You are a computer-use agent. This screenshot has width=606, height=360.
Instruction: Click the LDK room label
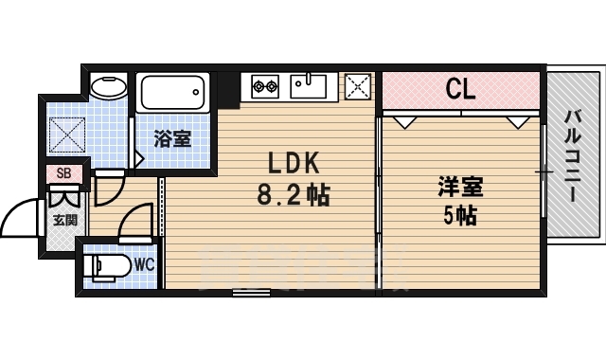pos(278,161)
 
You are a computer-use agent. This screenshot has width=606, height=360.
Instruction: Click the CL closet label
pos(460,92)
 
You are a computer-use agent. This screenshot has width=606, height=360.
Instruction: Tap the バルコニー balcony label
pos(573,156)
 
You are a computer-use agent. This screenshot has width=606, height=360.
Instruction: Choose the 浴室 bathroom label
pos(172,139)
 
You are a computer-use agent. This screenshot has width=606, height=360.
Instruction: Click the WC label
pos(145,262)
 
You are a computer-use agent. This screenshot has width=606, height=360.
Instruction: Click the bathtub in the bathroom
pos(172,94)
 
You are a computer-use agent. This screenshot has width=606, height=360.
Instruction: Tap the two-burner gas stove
pos(264,88)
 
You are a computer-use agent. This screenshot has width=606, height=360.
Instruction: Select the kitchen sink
pos(308,87)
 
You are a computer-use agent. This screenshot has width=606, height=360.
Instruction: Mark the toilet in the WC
pos(103,265)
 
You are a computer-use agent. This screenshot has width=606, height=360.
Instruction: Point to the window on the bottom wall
pos(251,293)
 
